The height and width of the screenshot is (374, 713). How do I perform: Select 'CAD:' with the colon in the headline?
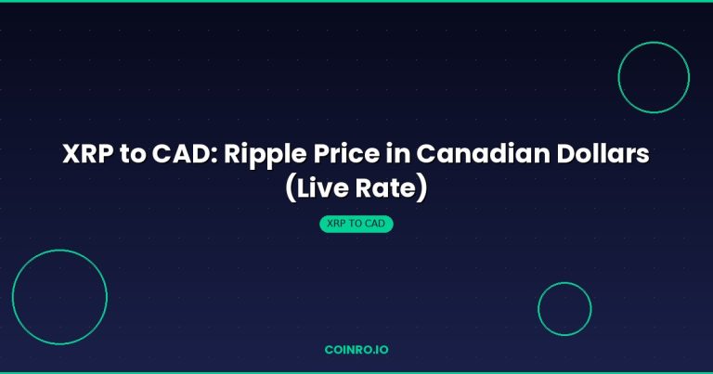[x=184, y=156]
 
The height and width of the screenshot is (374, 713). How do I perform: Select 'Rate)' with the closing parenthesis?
[x=395, y=188]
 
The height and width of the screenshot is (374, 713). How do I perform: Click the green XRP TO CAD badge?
[x=356, y=225]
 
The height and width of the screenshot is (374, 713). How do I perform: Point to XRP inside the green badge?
[x=337, y=225]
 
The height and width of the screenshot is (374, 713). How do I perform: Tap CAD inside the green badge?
[x=377, y=225]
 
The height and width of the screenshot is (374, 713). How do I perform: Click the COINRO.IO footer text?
[x=356, y=352]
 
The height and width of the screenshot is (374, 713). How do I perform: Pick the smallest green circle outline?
[x=538, y=309]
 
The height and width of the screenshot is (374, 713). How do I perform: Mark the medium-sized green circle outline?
[x=619, y=78]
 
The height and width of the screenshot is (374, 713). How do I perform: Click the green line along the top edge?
[x=356, y=1]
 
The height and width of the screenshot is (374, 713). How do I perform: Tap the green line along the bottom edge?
[x=356, y=372]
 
